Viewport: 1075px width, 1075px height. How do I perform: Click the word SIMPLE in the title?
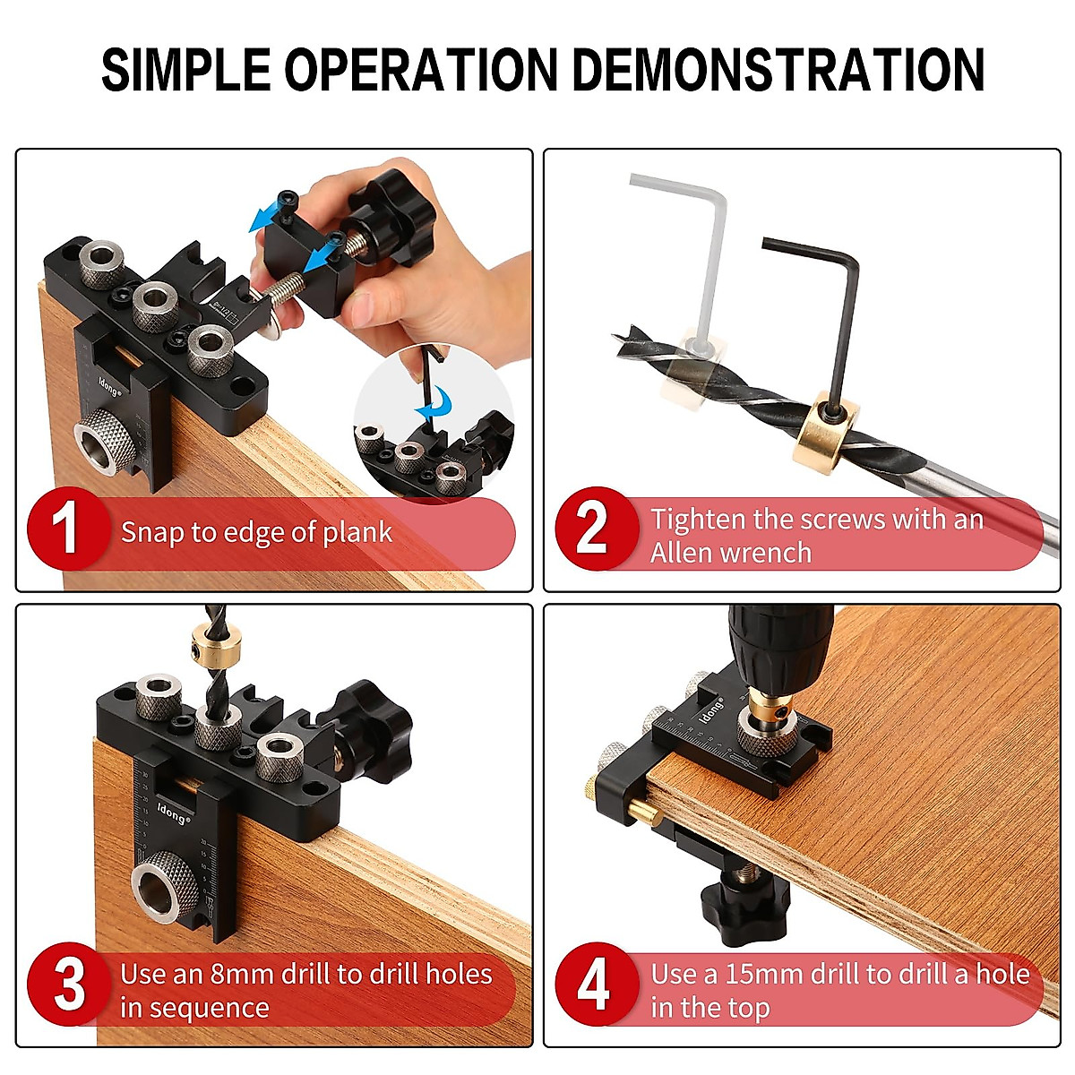(185, 70)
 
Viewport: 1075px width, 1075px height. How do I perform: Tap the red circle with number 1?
(66, 530)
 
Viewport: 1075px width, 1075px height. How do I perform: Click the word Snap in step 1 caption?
(150, 532)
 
